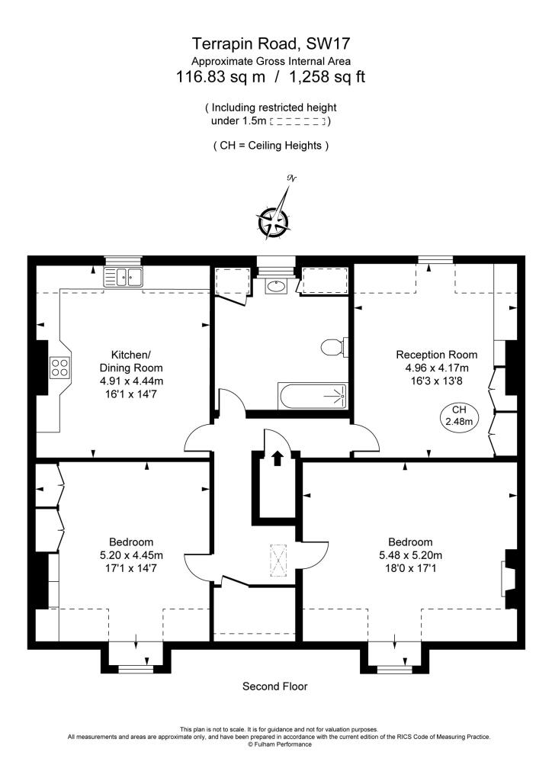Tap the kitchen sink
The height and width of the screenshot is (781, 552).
pyautogui.click(x=123, y=277)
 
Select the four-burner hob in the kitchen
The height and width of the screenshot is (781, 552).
pyautogui.click(x=59, y=368)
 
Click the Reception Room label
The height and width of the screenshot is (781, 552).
pyautogui.click(x=437, y=355)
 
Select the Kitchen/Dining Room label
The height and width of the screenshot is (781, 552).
pyautogui.click(x=131, y=361)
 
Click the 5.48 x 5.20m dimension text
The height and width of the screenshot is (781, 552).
pyautogui.click(x=411, y=555)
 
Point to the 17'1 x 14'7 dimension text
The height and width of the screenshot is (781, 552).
pyautogui.click(x=131, y=567)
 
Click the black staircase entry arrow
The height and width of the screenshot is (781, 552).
pyautogui.click(x=278, y=458)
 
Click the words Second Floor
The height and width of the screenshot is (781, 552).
pyautogui.click(x=274, y=686)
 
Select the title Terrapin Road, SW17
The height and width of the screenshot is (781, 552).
pyautogui.click(x=271, y=43)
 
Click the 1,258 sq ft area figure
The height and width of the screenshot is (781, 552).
pyautogui.click(x=327, y=77)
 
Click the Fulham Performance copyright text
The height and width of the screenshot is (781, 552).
pyautogui.click(x=281, y=744)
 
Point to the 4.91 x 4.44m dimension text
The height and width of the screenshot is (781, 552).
pyautogui.click(x=131, y=381)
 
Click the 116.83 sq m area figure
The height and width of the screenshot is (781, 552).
pyautogui.click(x=220, y=77)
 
